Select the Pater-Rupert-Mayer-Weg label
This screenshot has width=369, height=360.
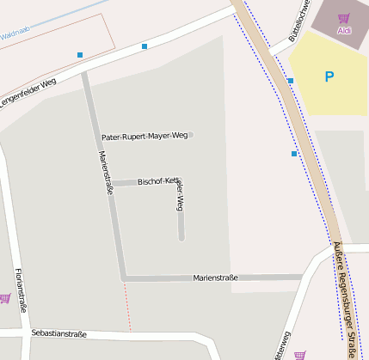144,136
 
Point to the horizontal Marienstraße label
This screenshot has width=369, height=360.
215,278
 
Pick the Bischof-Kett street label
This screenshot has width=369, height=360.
157,182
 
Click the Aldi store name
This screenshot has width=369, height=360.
344,30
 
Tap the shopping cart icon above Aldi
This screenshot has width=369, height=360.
344,18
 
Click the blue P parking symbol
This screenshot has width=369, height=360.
329,76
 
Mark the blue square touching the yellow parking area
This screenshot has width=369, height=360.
291,81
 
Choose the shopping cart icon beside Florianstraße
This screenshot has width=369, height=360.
4,298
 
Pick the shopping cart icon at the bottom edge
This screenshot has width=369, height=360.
299,354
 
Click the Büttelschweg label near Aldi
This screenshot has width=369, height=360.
301,17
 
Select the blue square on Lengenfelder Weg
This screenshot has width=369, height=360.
145,46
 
